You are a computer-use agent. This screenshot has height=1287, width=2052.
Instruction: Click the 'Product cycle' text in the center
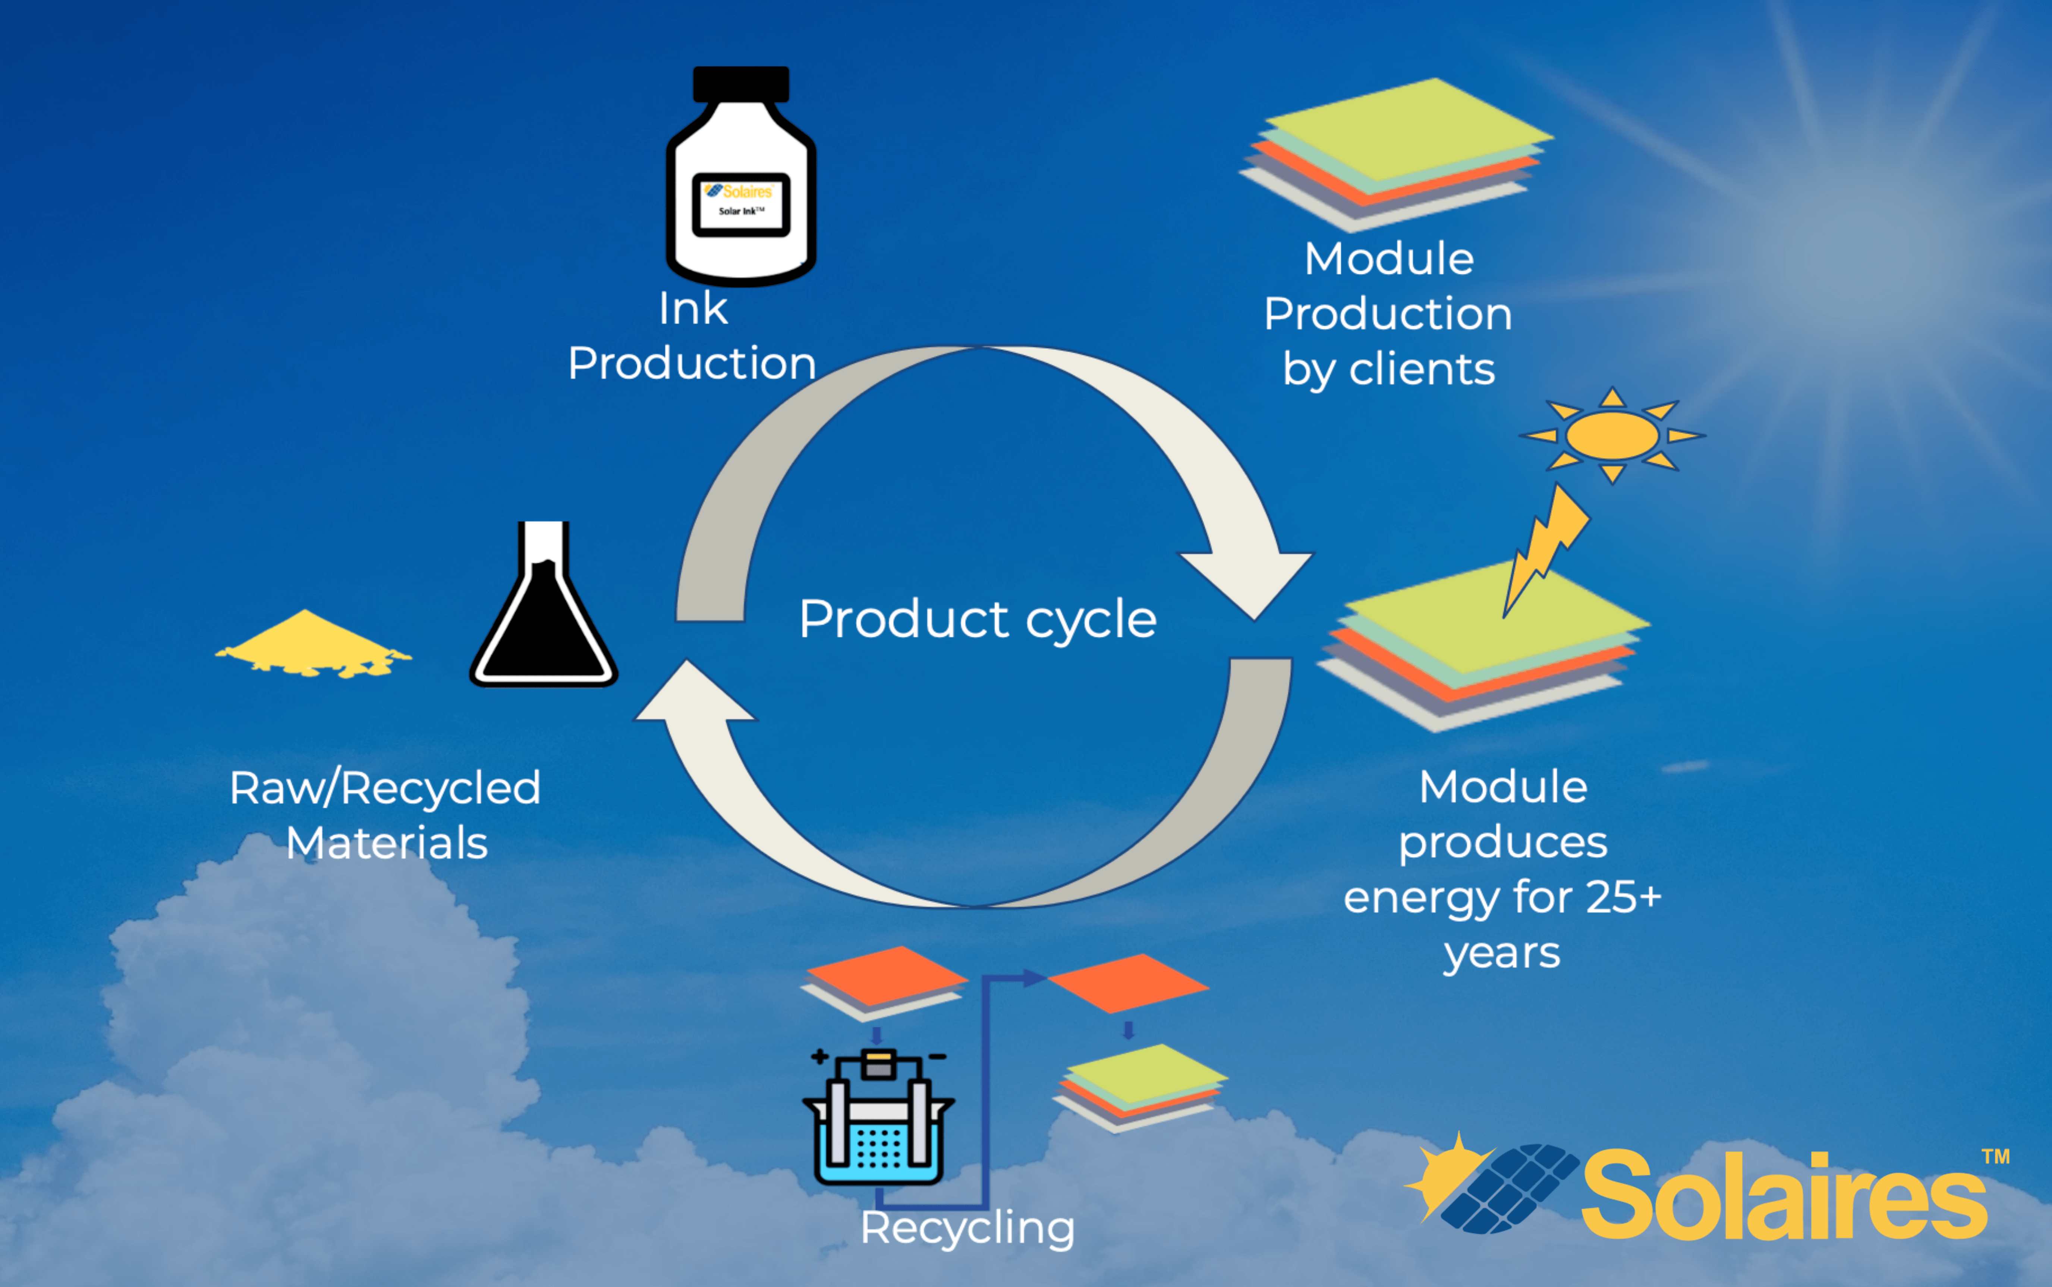[x=978, y=619]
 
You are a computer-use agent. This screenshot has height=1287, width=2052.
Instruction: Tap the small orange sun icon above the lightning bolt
[x=1612, y=435]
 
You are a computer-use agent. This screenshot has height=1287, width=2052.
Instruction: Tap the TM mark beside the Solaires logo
[x=1995, y=1157]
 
